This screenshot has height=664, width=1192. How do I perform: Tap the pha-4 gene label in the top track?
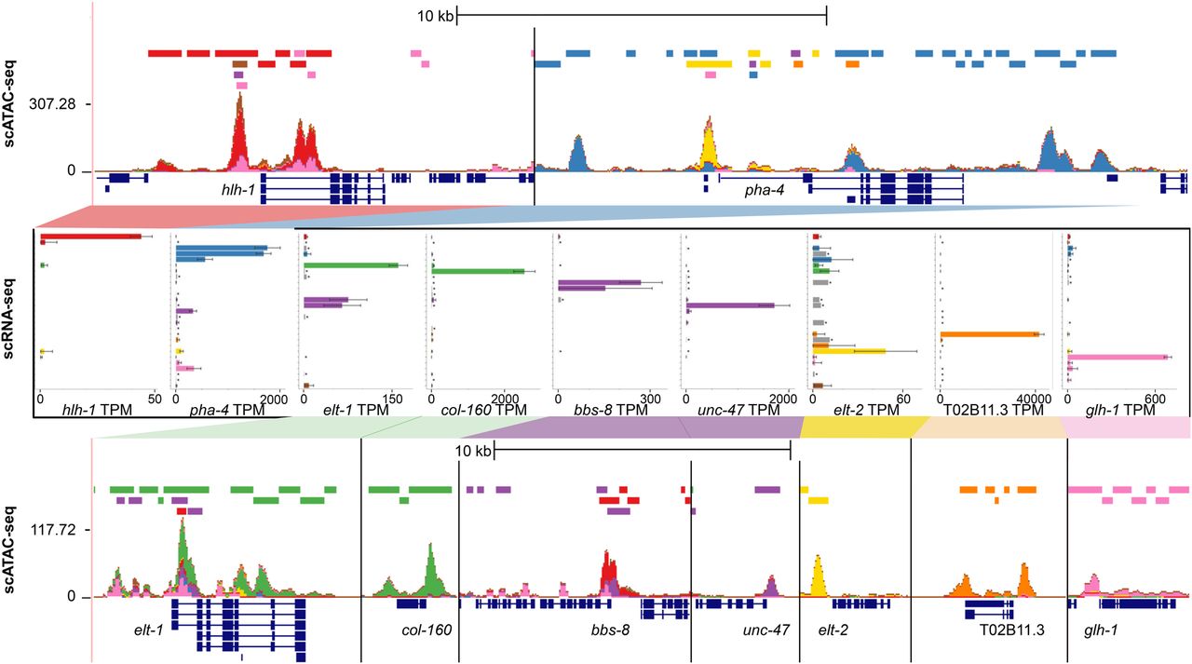click(x=763, y=190)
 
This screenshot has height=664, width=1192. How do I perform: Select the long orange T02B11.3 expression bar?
click(x=989, y=334)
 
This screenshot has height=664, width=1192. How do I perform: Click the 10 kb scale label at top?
click(x=436, y=16)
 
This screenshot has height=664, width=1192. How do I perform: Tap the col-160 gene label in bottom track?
click(x=427, y=630)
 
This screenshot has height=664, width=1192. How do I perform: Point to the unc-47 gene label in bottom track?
click(x=765, y=630)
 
